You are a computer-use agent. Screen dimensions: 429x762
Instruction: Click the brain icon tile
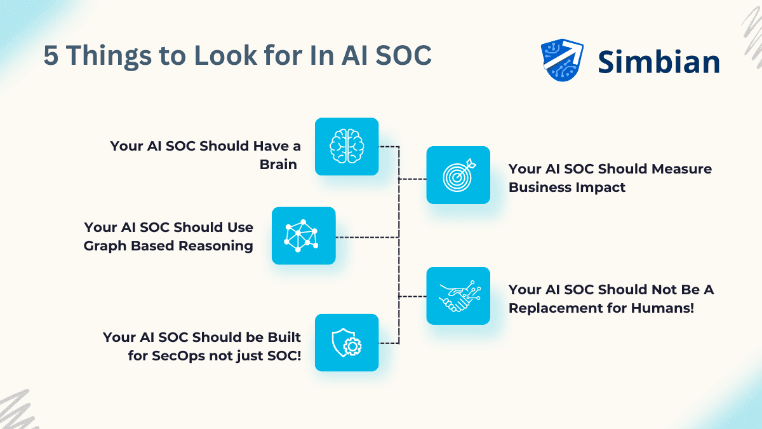347,146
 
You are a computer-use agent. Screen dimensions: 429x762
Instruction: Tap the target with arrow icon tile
458,175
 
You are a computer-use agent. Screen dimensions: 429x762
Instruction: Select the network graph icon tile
304,236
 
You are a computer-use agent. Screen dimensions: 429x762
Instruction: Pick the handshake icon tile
458,296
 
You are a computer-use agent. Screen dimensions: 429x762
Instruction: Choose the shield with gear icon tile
347,343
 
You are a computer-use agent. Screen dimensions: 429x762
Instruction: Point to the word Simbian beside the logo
658,62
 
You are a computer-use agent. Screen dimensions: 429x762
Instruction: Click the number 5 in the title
51,56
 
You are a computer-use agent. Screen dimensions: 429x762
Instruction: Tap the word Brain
278,165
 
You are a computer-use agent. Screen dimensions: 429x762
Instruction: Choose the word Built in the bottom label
281,337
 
